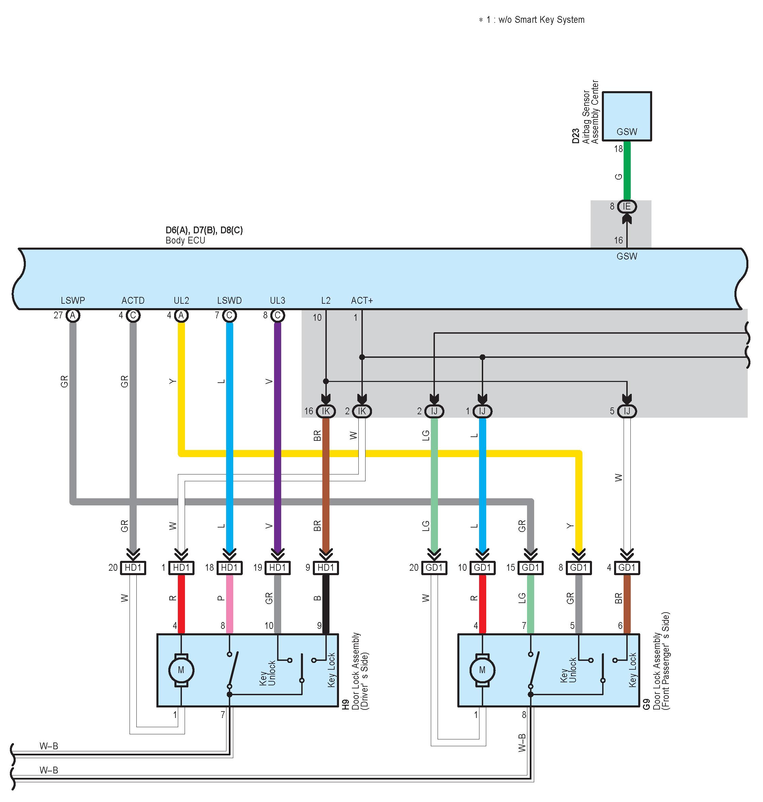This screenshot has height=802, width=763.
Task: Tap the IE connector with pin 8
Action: tap(627, 207)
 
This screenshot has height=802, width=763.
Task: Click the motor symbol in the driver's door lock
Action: tap(181, 670)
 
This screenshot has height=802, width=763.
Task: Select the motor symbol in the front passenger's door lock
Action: tap(482, 670)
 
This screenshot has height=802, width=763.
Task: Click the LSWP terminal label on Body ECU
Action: tap(73, 301)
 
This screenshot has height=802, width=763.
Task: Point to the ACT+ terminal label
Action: tap(362, 301)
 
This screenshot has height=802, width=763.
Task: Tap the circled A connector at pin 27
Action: tap(73, 315)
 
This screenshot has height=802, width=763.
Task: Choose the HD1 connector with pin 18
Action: tap(230, 568)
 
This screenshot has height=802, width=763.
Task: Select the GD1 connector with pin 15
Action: tap(530, 568)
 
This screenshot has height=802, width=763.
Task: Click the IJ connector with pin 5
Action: tap(627, 412)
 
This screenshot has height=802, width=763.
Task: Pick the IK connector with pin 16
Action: tap(326, 412)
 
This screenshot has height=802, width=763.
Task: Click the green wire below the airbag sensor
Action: tap(627, 171)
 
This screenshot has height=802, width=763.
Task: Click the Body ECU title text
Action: tap(185, 240)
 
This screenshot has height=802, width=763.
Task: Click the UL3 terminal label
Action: tap(278, 301)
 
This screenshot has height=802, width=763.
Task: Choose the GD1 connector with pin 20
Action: tap(435, 568)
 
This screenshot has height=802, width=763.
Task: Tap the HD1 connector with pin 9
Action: tap(326, 568)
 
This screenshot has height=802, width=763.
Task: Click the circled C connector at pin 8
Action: tap(278, 315)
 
